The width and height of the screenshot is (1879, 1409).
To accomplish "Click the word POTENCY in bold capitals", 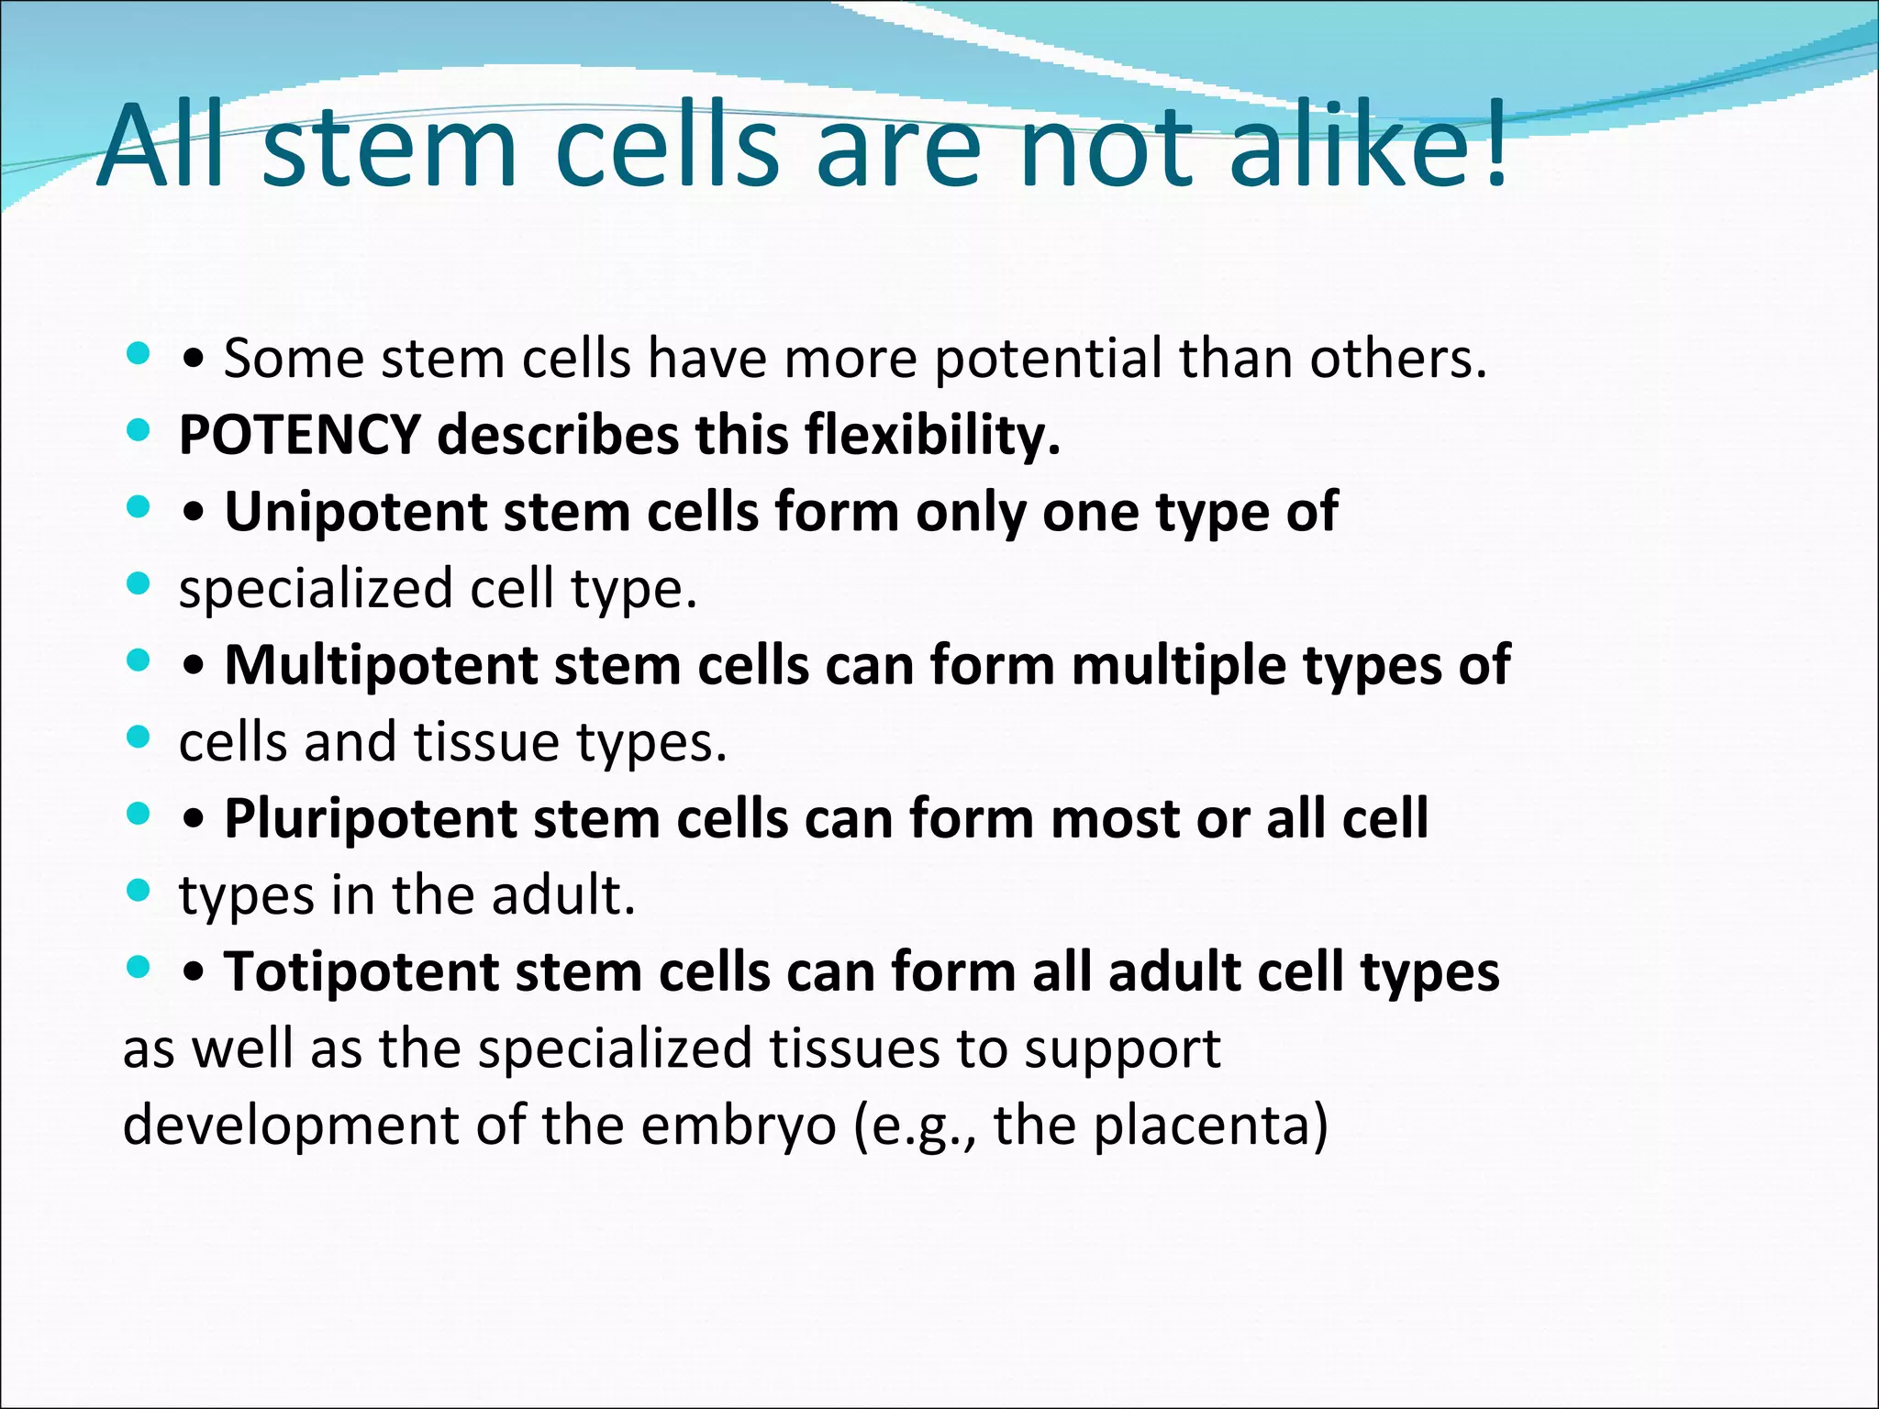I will coord(299,435).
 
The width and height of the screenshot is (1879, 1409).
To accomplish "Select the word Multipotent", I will coord(380,664).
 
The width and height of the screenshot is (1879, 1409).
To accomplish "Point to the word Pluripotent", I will coord(370,818).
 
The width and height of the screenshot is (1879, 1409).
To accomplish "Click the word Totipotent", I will coord(361,971).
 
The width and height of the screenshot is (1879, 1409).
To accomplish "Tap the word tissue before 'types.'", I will coord(485,741).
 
